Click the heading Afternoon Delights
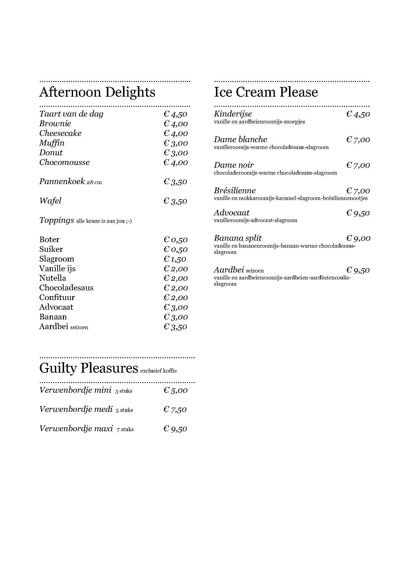pos(97,92)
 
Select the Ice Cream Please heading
pos(266,92)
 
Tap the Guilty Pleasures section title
pos(88,368)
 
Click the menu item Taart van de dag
pos(71,114)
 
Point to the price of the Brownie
pos(176,124)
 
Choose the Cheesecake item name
pos(60,133)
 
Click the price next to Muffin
pos(176,143)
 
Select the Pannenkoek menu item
pos(62,181)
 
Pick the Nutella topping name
pos(53,278)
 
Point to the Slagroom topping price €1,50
pos(175,259)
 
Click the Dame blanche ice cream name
pos(241,139)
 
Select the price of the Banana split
pos(358,238)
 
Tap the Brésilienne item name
pos(235,191)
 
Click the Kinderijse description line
pos(259,122)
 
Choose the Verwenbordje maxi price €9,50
pos(175,429)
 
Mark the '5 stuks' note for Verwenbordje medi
pos(124,410)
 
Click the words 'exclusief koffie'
pos(159,371)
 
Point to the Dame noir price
pos(358,165)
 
